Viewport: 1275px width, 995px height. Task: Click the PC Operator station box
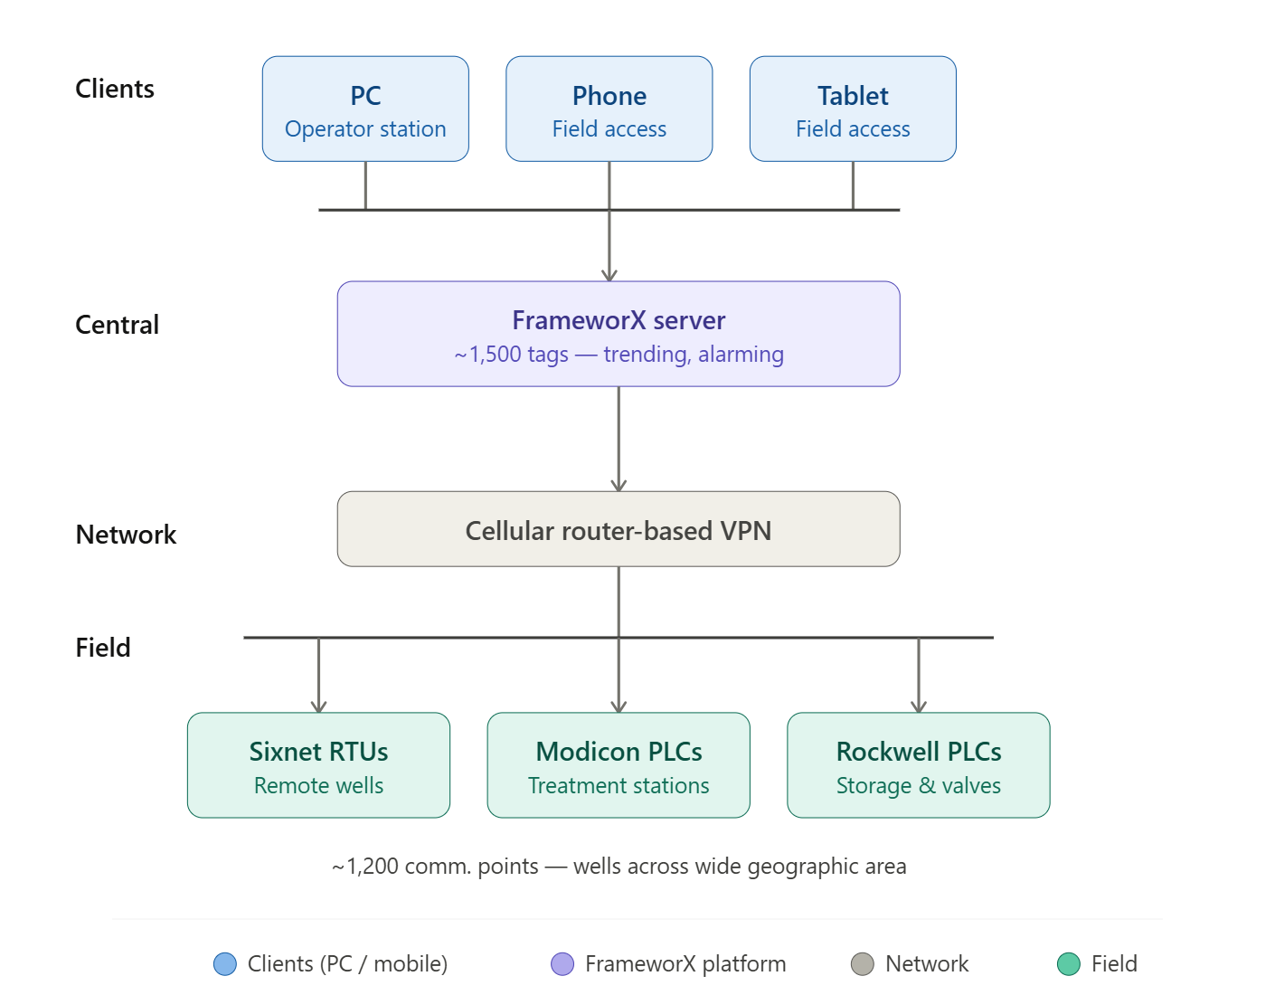click(x=365, y=109)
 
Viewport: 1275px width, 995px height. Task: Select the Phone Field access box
click(x=609, y=109)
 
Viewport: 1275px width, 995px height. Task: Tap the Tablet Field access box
click(x=853, y=109)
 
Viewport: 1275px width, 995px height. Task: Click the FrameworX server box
click(x=619, y=334)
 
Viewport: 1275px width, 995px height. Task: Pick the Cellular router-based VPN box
click(x=619, y=529)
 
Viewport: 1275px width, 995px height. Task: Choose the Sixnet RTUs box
click(x=318, y=765)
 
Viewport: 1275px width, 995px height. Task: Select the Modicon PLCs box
click(x=619, y=765)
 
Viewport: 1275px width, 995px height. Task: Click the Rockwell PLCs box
click(x=919, y=765)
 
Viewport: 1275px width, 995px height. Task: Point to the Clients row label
click(x=115, y=89)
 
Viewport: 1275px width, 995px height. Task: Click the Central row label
click(x=117, y=325)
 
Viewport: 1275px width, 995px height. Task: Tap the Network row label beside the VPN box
click(x=126, y=535)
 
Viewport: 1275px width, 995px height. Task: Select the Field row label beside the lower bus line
click(x=103, y=648)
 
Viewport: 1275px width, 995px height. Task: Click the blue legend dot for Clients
click(x=225, y=964)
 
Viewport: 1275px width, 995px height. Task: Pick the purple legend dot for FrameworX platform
click(x=562, y=964)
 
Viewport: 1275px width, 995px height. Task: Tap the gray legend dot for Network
click(x=863, y=964)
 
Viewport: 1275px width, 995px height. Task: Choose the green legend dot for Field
click(x=1069, y=964)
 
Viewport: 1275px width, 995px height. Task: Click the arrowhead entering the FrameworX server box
click(x=609, y=275)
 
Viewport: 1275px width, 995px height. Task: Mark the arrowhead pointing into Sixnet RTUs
click(x=318, y=706)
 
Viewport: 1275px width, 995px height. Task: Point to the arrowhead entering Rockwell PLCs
click(x=919, y=706)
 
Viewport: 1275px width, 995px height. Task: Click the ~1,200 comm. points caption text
click(x=619, y=867)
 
